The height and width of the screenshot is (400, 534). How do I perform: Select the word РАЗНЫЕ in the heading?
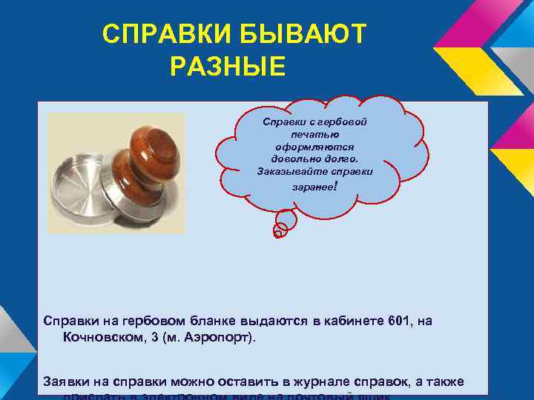227,67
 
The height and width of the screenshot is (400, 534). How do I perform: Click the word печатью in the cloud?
315,133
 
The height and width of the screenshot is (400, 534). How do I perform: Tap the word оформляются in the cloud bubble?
315,146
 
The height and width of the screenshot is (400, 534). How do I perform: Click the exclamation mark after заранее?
337,187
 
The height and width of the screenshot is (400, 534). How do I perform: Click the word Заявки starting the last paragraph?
67,381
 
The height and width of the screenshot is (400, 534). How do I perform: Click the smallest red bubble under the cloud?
277,233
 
